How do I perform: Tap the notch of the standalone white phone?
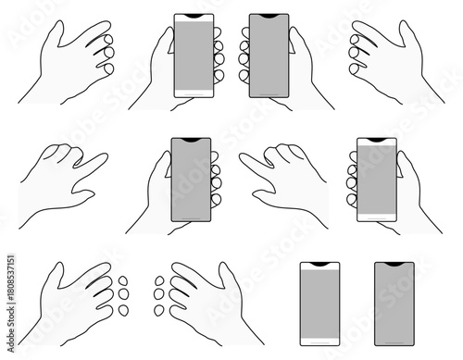pyautogui.click(x=319, y=265)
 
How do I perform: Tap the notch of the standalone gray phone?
pyautogui.click(x=394, y=265)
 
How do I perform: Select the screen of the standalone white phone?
pyautogui.click(x=319, y=305)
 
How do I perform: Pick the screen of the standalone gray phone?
pyautogui.click(x=394, y=305)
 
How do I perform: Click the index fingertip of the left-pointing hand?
pyautogui.click(x=244, y=157)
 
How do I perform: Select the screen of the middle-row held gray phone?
pyautogui.click(x=191, y=180)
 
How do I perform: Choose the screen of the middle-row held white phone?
pyautogui.click(x=376, y=180)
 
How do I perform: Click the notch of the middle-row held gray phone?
pyautogui.click(x=191, y=142)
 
